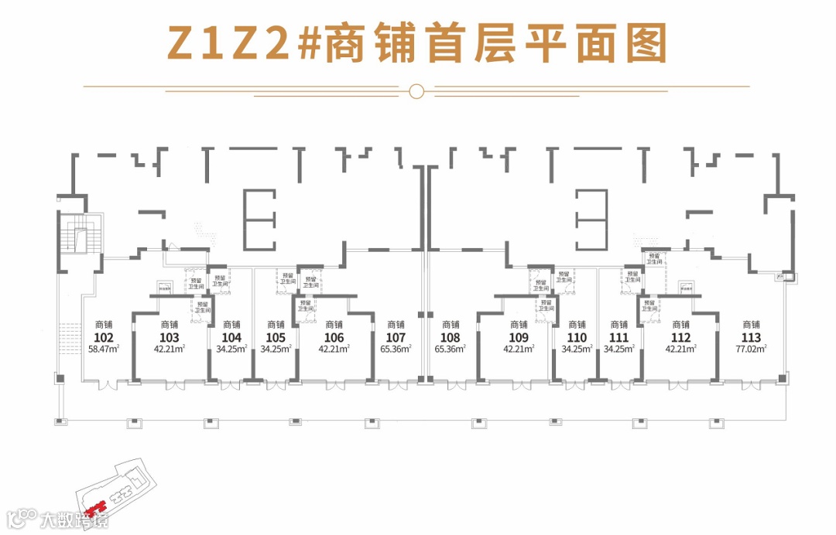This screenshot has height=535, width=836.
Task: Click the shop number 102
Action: point(104,337)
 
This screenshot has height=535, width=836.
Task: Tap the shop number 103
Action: point(169,337)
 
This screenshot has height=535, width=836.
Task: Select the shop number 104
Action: point(231,337)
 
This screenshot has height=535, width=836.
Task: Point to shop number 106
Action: point(334,337)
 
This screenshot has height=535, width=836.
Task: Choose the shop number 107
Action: point(396,337)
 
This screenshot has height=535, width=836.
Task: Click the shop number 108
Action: point(450,337)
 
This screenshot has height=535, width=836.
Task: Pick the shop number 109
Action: point(519,337)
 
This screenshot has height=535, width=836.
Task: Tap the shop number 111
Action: point(618,337)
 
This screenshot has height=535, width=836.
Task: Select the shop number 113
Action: point(751,337)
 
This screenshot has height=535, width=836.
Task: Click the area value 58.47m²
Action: point(104,349)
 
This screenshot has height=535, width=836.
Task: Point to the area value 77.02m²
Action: point(751,349)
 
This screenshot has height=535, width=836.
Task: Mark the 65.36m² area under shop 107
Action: point(396,349)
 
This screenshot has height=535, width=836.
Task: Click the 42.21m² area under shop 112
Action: point(681,349)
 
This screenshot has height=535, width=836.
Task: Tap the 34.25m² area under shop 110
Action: point(577,349)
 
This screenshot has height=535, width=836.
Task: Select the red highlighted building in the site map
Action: point(96,509)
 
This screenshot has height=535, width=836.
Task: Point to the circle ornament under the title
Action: point(416,91)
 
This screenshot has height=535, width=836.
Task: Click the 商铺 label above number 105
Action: point(275,325)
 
